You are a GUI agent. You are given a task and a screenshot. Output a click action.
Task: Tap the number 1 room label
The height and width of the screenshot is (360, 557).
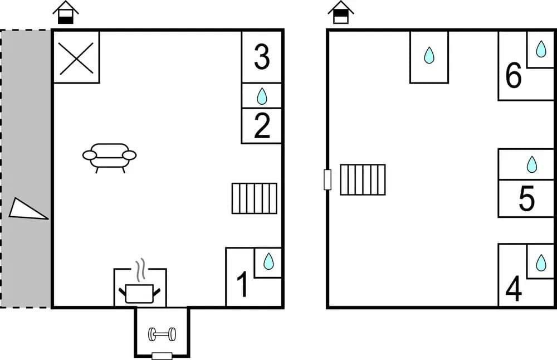tap(243, 284)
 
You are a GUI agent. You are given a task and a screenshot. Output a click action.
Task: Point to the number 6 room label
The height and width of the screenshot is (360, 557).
tap(514, 75)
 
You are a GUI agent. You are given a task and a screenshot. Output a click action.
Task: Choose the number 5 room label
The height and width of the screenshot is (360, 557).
tap(526, 198)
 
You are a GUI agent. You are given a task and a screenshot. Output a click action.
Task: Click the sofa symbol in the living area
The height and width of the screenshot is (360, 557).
tap(109, 158)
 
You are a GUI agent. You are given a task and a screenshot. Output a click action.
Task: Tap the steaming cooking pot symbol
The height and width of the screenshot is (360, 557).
tap(140, 281)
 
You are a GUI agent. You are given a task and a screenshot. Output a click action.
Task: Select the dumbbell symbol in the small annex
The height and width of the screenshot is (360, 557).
tap(162, 334)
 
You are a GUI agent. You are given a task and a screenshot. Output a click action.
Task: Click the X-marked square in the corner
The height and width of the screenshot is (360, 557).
tap(76, 59)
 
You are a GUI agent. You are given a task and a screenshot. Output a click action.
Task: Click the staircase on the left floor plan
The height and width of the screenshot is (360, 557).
tap(255, 198)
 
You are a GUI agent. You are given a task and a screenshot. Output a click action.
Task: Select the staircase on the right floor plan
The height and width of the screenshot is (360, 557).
tap(363, 179)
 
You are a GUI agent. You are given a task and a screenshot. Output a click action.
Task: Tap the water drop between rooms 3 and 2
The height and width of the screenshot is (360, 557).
tap(262, 96)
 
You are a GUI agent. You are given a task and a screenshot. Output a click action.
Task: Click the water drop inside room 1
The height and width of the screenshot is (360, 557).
tap(268, 261)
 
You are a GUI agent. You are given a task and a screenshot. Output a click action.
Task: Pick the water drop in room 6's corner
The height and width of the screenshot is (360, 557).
tap(541, 48)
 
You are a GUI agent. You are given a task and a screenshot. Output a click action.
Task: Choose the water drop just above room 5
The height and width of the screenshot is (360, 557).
tap(532, 164)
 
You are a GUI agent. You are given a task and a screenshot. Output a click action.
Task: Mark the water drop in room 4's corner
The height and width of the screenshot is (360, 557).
tap(541, 262)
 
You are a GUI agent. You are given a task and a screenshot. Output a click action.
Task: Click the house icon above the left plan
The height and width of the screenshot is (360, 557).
tap(66, 12)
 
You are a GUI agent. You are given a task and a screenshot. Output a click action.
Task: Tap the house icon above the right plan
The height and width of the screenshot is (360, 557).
tap(341, 12)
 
